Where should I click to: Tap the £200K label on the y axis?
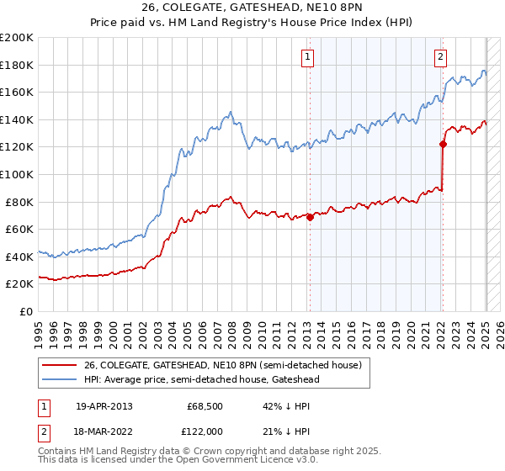[17, 38]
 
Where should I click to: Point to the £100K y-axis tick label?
[17, 174]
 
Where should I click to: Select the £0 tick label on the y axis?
[26, 311]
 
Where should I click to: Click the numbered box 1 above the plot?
[308, 57]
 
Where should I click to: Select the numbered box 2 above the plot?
[440, 57]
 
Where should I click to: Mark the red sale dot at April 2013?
[310, 217]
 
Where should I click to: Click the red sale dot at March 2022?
[443, 144]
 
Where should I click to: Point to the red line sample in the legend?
[60, 365]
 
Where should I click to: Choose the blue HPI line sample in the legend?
[60, 379]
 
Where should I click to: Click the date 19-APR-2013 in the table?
[104, 406]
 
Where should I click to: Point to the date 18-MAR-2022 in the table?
[104, 432]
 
